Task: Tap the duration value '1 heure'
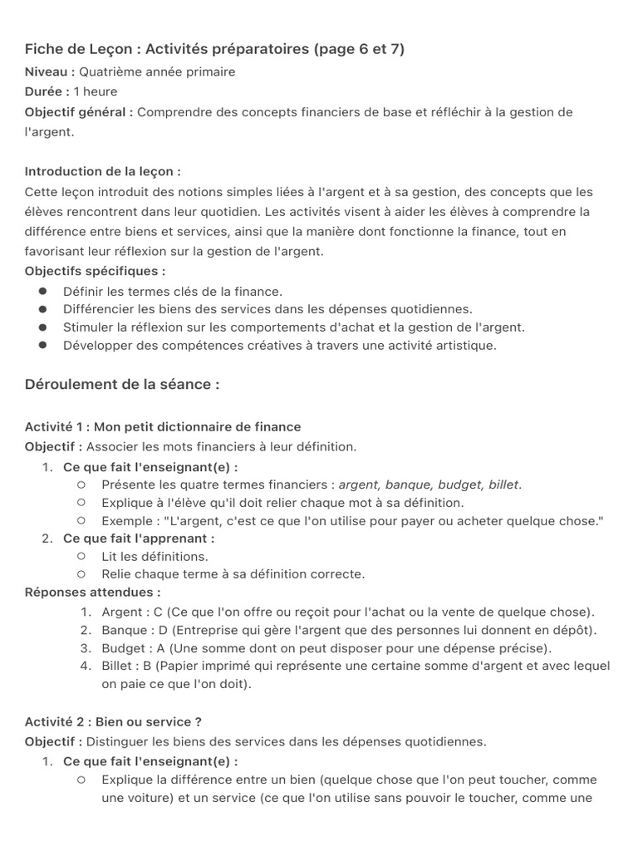[96, 91]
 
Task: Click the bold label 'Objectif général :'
[79, 111]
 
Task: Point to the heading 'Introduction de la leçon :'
[103, 171]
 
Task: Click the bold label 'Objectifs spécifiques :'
[95, 271]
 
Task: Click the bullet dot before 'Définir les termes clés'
[42, 291]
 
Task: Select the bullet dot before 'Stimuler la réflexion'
[42, 327]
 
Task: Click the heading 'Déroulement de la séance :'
[122, 385]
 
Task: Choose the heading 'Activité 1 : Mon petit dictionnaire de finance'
[163, 426]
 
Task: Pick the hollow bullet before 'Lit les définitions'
[81, 556]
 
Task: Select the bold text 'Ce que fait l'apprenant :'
[139, 539]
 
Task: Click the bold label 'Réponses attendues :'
[93, 593]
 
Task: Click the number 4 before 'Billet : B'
[86, 667]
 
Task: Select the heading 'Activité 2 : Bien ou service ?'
[114, 721]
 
